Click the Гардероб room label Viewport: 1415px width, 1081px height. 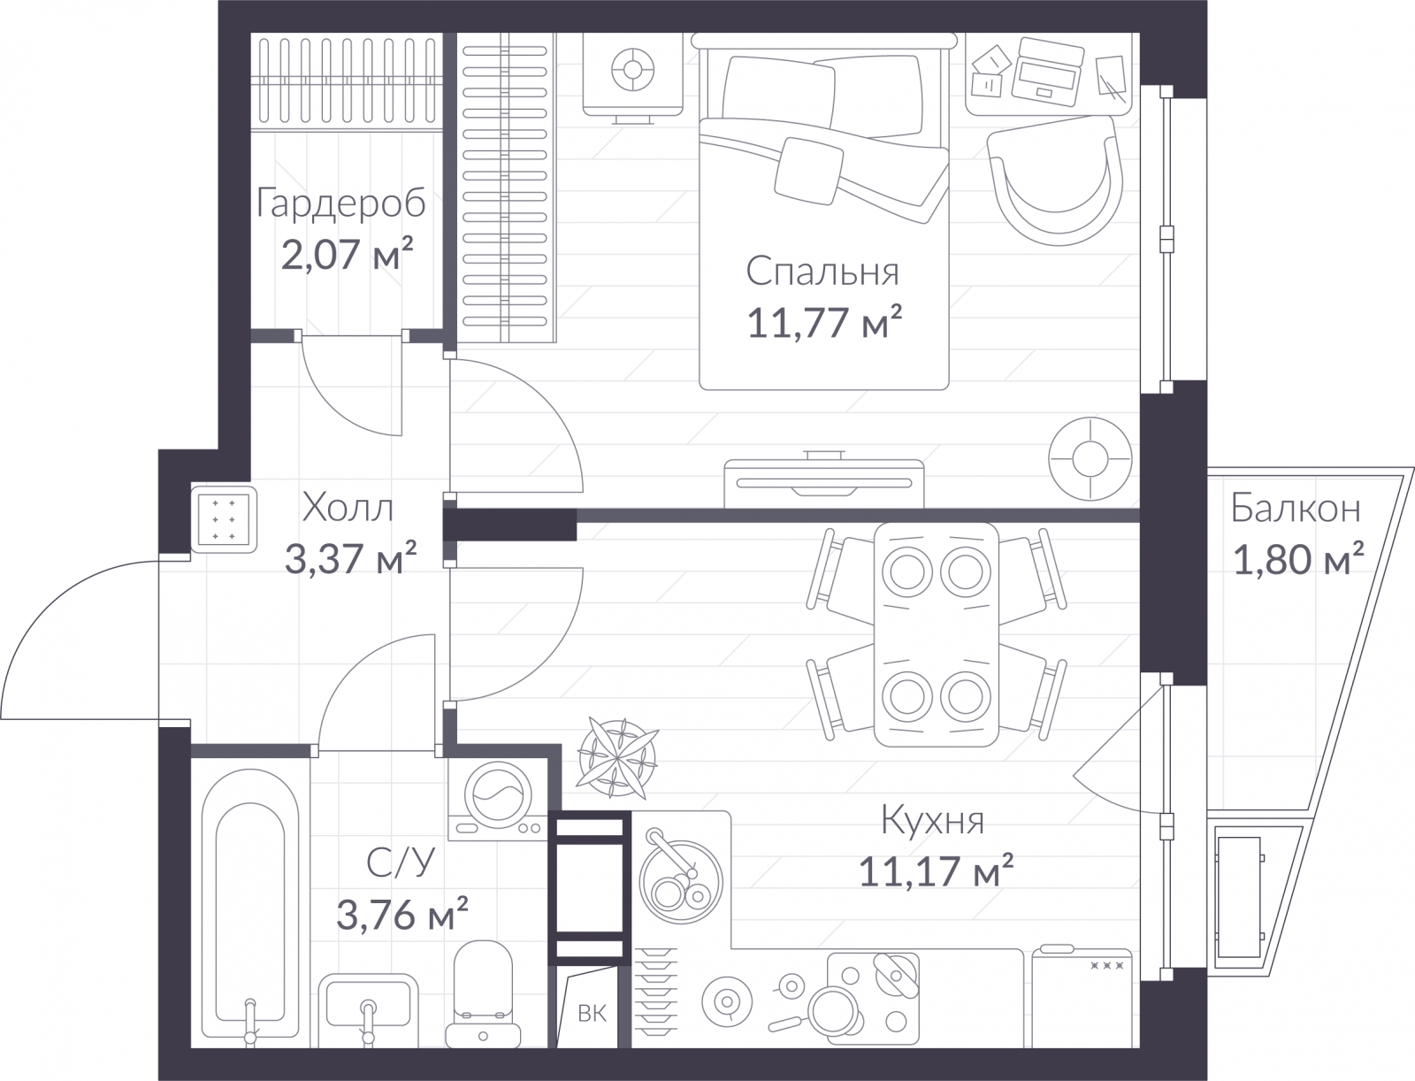click(341, 203)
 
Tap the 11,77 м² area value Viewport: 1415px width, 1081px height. click(824, 322)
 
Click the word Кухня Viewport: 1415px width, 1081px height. click(932, 821)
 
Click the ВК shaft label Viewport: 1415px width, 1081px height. click(592, 1013)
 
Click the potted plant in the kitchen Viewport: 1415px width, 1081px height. click(617, 757)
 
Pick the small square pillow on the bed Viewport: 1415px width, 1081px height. click(809, 171)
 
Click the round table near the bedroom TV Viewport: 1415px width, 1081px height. click(1090, 459)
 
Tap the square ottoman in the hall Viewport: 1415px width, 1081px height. click(224, 520)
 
